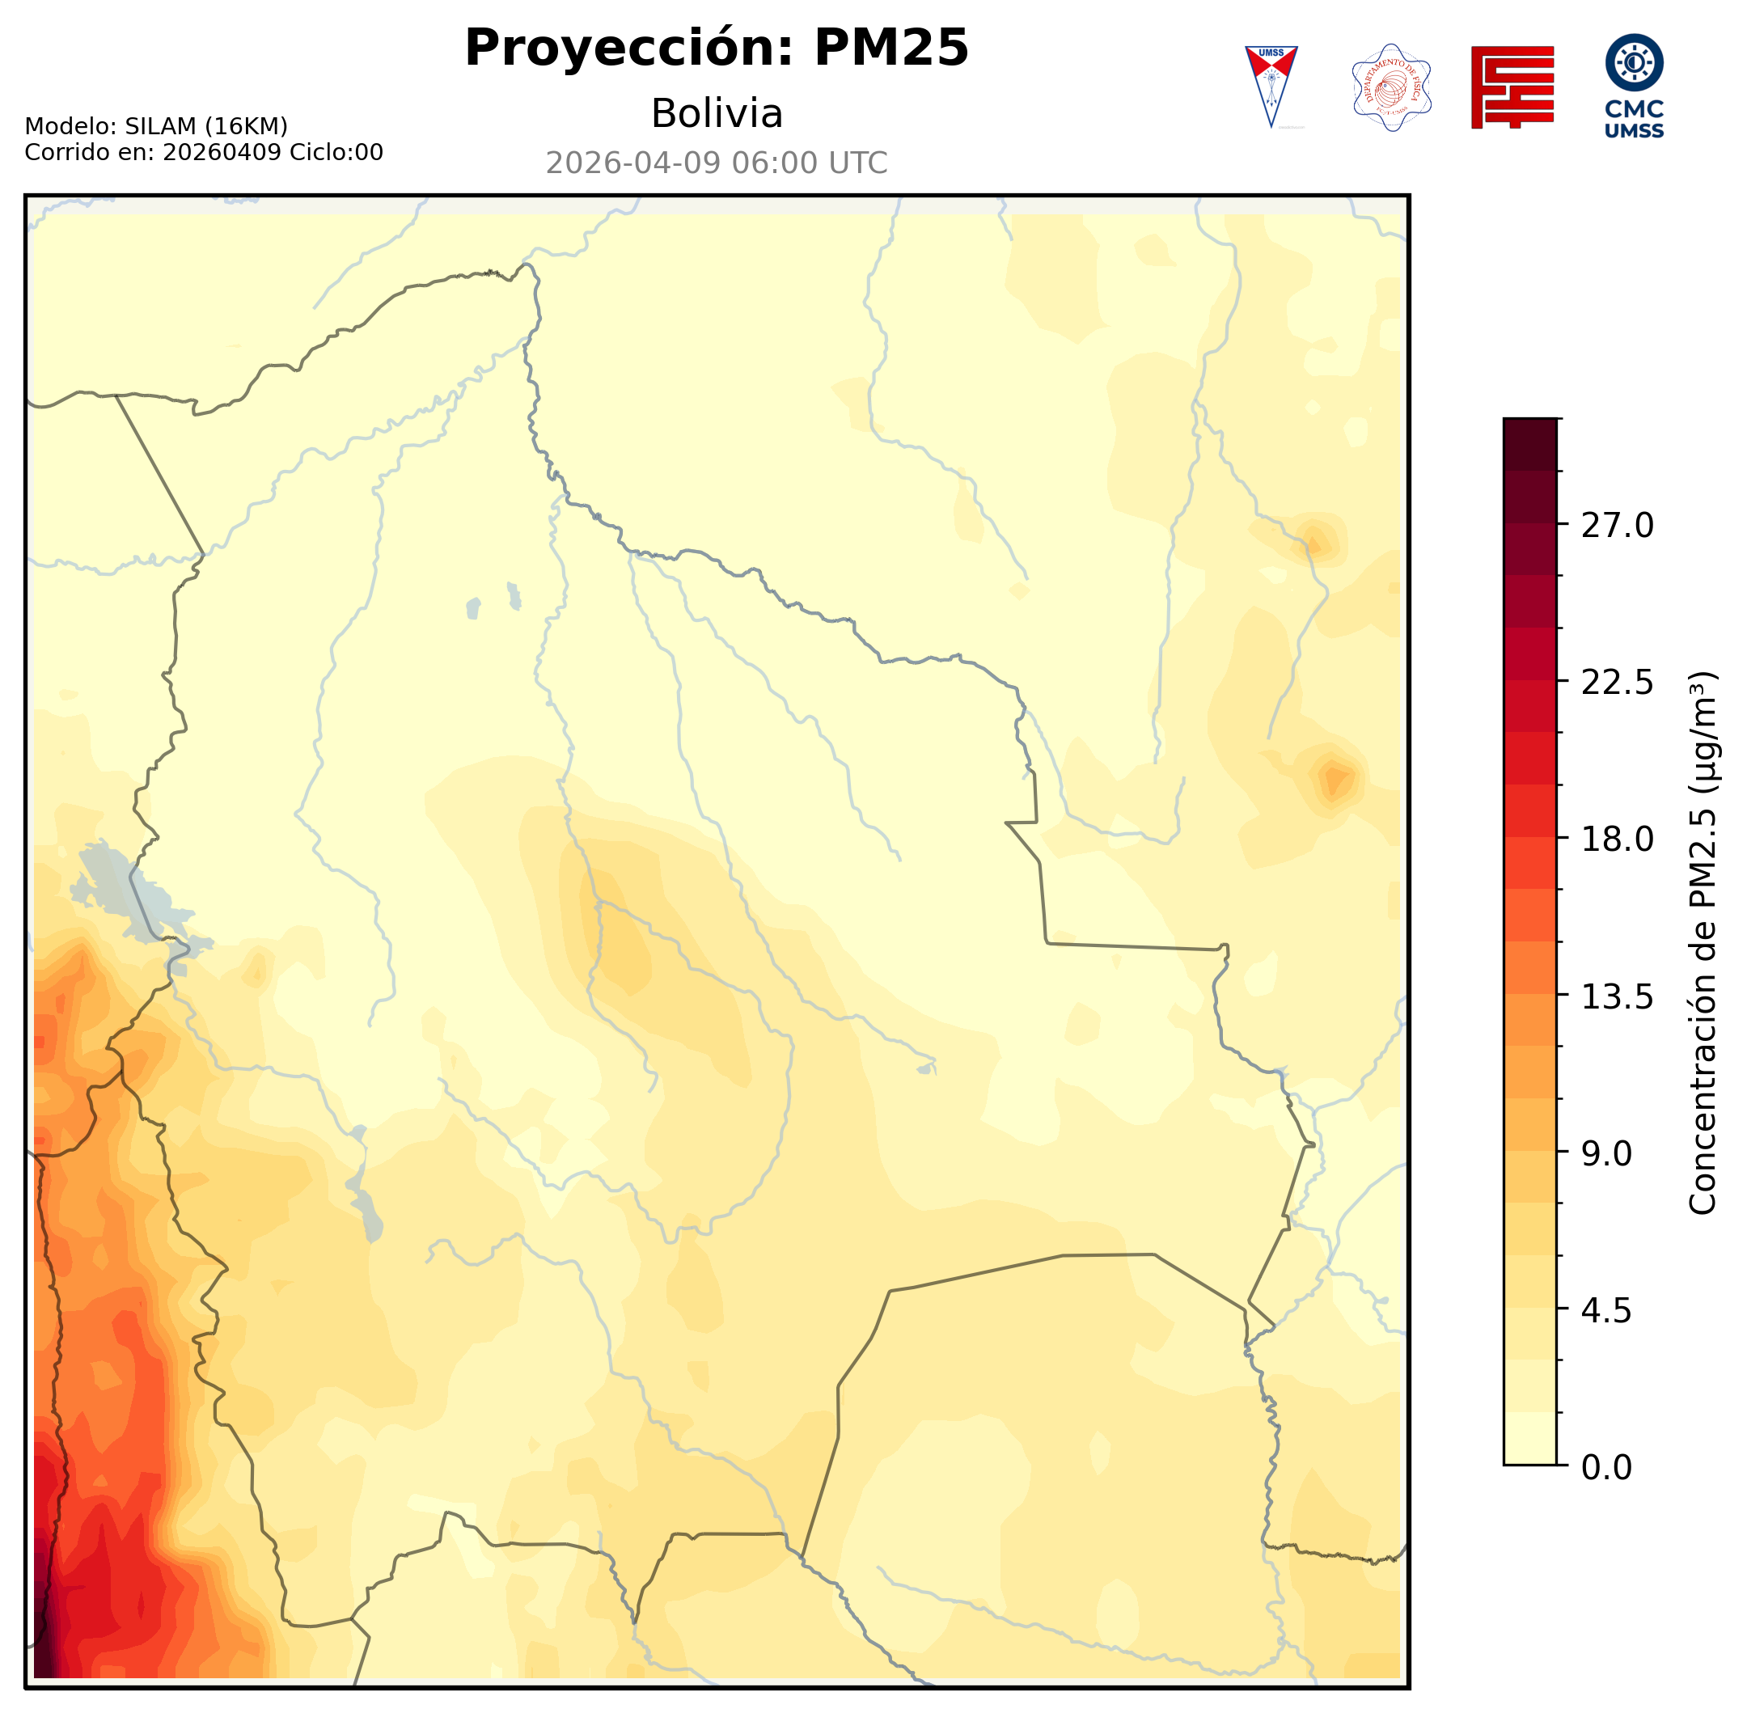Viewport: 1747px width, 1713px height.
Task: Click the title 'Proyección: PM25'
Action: click(716, 49)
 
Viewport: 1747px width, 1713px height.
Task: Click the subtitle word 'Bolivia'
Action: click(716, 114)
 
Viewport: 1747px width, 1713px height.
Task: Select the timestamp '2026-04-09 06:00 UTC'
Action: click(716, 163)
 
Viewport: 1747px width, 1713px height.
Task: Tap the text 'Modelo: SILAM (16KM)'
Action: click(155, 126)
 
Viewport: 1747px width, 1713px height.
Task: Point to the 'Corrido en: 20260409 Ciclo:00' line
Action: click(203, 152)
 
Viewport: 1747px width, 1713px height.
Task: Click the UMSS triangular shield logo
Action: click(1271, 87)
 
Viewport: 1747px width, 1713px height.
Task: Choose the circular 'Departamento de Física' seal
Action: click(1391, 87)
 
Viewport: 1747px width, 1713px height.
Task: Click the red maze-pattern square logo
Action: click(1512, 87)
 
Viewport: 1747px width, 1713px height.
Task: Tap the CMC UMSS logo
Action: click(1634, 87)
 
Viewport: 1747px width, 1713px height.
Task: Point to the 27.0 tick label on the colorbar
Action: click(1617, 526)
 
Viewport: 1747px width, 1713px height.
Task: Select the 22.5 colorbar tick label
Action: click(1617, 683)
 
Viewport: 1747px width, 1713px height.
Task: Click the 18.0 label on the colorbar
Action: click(1617, 840)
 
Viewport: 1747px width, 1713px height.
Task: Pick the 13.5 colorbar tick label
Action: click(1617, 997)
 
